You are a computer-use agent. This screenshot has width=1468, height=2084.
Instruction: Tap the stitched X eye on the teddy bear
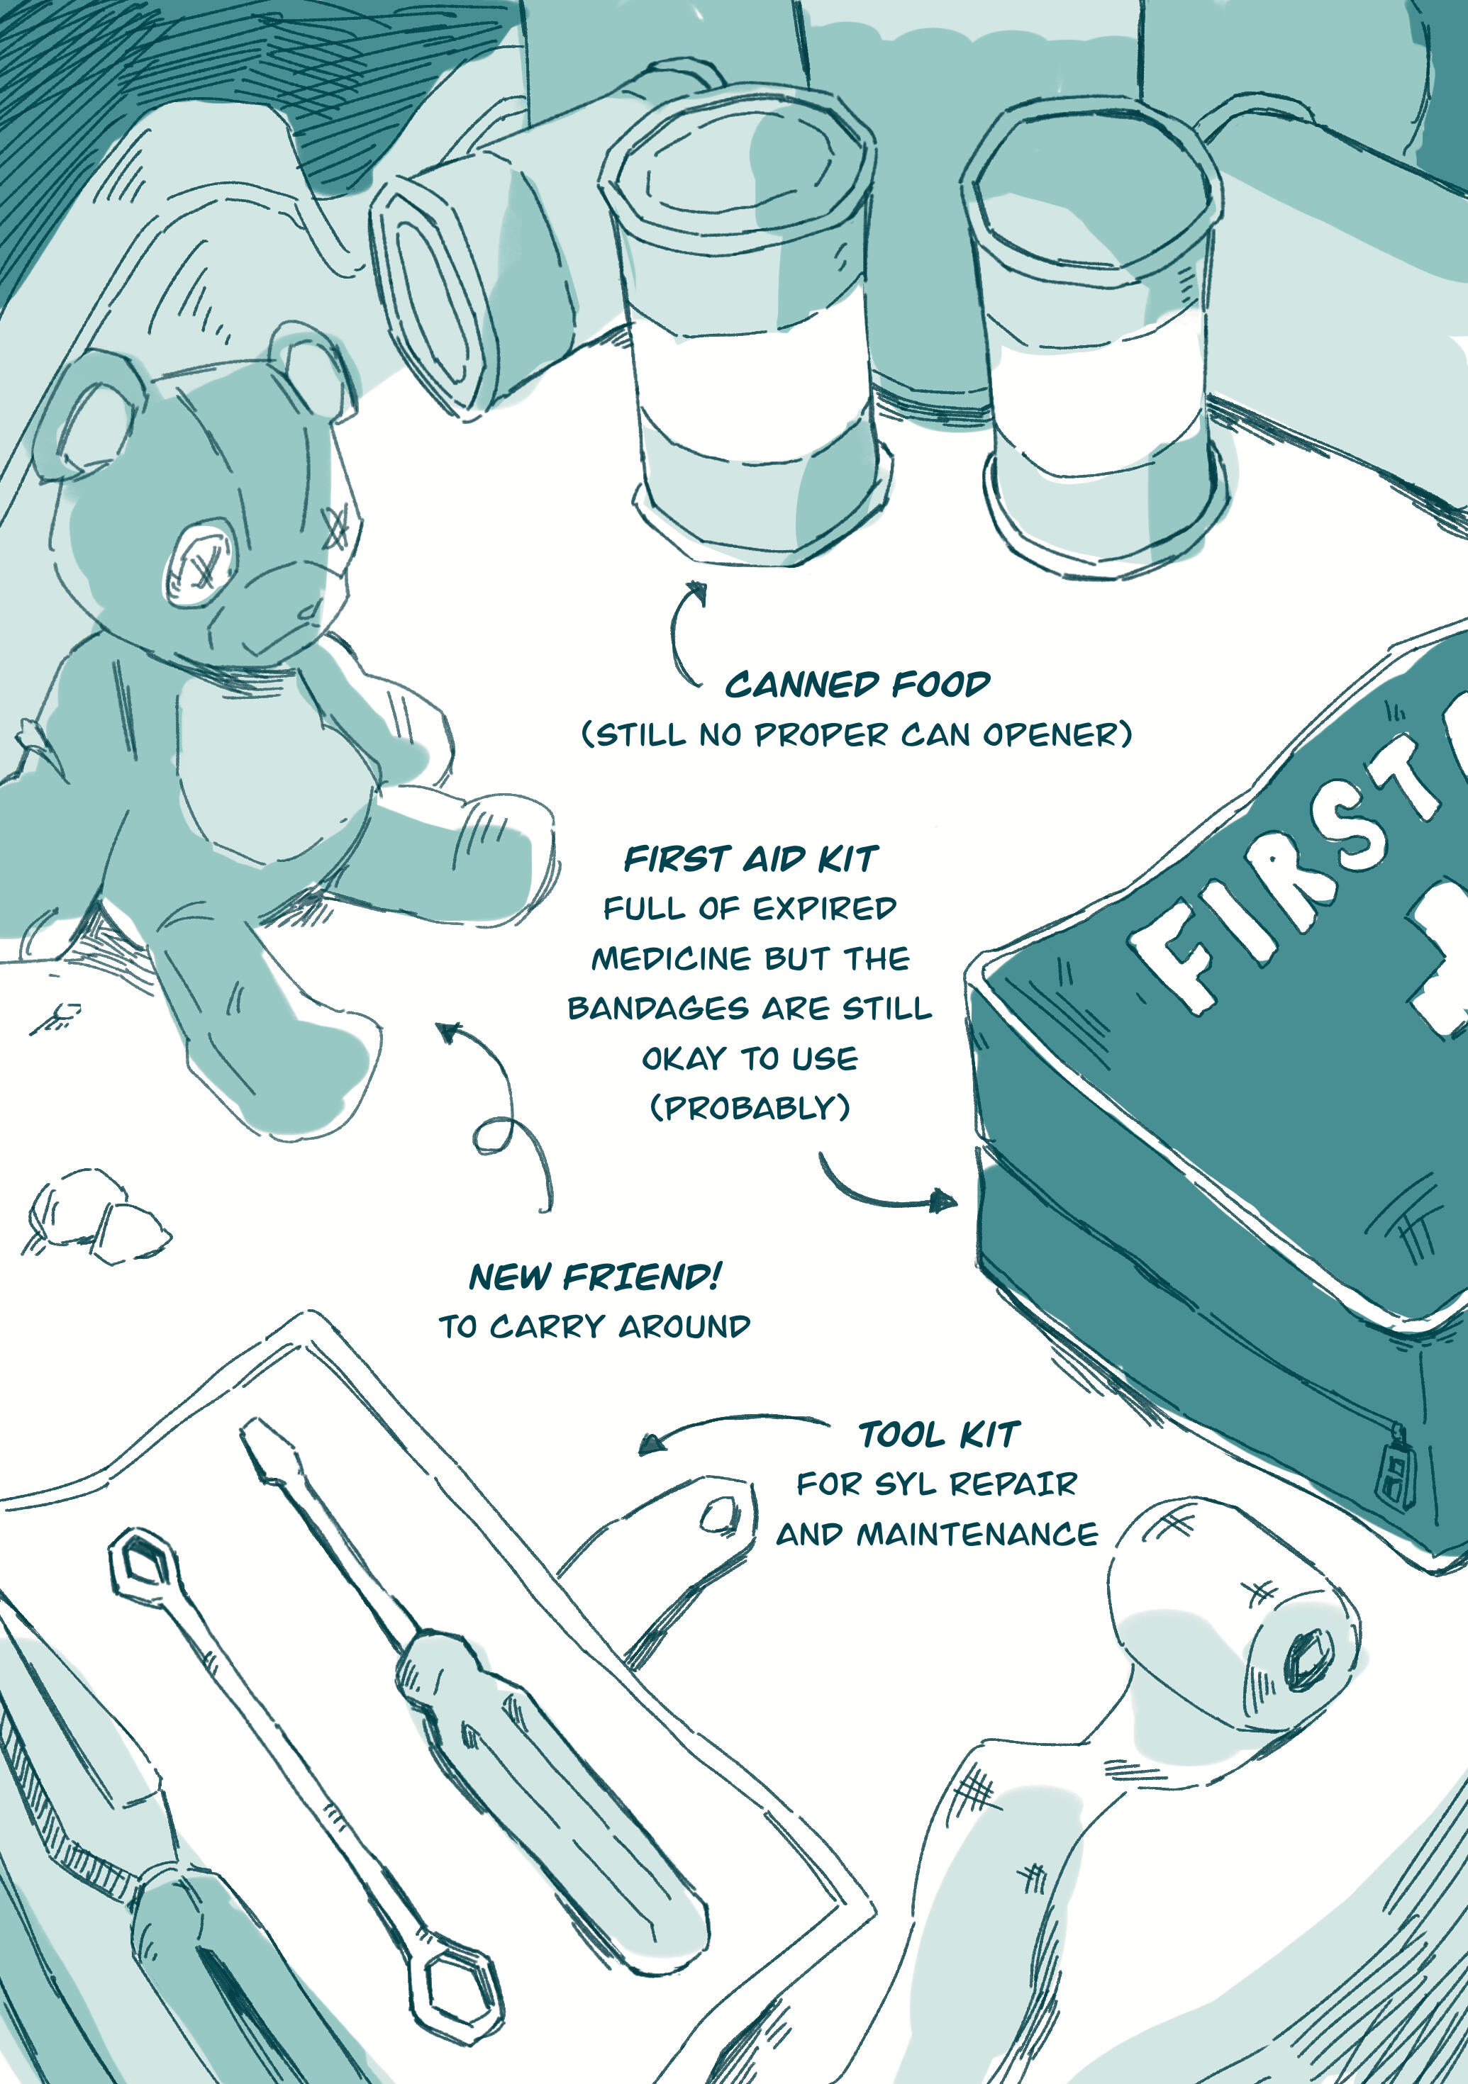click(x=337, y=527)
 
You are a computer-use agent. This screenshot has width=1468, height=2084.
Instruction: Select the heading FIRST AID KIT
click(x=750, y=858)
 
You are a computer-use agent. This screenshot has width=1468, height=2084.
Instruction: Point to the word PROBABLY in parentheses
click(x=750, y=1108)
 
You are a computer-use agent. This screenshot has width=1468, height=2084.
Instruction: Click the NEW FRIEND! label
click(x=594, y=1277)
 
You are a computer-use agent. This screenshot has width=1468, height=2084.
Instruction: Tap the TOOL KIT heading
click(x=939, y=1435)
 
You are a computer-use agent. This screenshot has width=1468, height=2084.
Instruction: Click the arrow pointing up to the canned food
click(x=677, y=632)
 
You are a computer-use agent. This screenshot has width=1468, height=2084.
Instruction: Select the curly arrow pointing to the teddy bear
click(x=508, y=1116)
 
